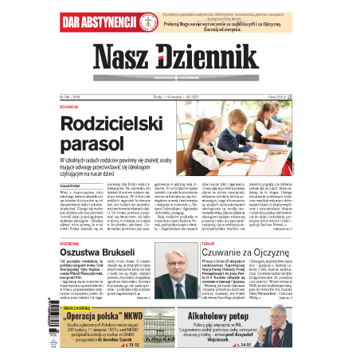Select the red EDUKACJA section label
69,107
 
